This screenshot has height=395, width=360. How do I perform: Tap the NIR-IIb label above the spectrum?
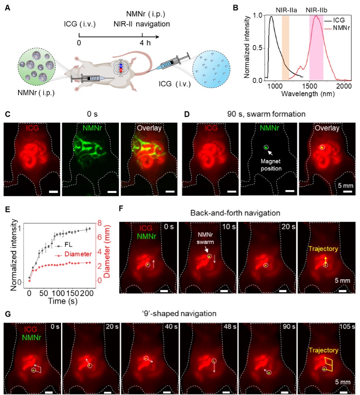[x=318, y=8]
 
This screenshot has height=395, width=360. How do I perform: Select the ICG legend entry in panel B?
[x=336, y=19]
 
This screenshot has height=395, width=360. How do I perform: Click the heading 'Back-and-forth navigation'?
[x=238, y=213]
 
